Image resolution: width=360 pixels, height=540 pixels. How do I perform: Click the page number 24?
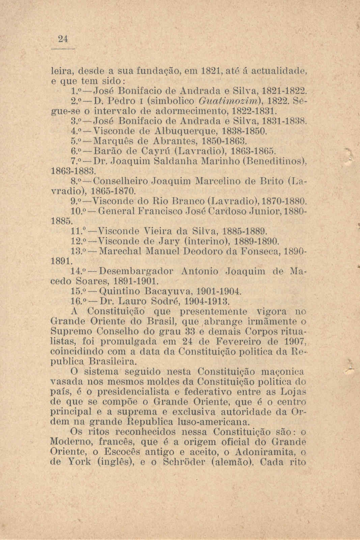point(62,39)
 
